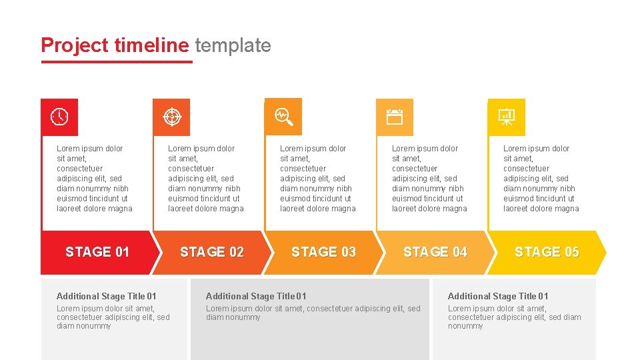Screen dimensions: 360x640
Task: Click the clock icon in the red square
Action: point(59,117)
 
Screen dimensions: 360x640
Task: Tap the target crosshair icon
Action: point(171,117)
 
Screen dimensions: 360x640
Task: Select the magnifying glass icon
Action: point(284,117)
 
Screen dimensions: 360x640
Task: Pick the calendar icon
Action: point(395,117)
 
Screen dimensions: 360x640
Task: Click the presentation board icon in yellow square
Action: point(507,117)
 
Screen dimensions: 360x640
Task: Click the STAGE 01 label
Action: point(97,252)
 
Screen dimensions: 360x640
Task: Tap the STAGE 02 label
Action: point(212,252)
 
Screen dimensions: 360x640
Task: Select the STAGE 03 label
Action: point(323,252)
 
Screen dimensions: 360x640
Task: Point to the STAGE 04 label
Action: point(435,252)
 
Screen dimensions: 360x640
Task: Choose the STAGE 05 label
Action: point(547,252)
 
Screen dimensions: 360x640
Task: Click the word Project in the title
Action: point(74,45)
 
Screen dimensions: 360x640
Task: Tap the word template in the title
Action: point(233,45)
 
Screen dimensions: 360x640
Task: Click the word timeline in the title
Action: point(151,45)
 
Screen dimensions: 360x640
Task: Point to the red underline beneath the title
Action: point(117,62)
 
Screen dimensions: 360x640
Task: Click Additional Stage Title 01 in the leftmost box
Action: point(107,296)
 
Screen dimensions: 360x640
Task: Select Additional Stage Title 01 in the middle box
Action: point(256,296)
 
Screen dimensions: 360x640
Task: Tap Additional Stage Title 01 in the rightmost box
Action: point(498,296)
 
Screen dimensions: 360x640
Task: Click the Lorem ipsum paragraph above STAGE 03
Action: point(317,179)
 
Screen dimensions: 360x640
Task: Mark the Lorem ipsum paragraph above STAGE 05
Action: point(541,179)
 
